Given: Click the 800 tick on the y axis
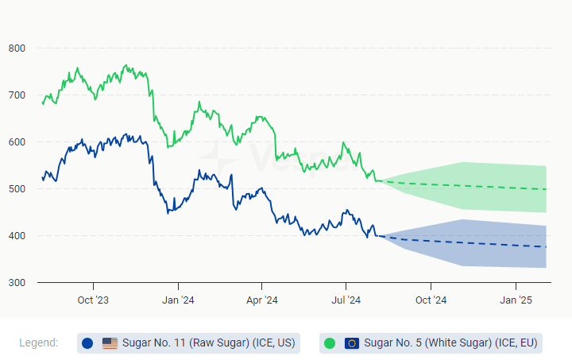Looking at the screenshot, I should (x=17, y=48).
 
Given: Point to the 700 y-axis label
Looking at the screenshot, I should (x=17, y=95).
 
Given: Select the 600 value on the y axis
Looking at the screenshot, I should (x=17, y=142).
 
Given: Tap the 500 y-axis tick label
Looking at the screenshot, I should (x=17, y=189).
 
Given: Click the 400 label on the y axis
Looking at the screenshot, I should (x=17, y=236).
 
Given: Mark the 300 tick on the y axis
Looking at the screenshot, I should (x=17, y=283).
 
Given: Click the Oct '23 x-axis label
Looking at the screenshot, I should (x=93, y=300).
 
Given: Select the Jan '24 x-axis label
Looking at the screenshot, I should (x=178, y=300).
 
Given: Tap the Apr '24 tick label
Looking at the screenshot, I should (x=261, y=300).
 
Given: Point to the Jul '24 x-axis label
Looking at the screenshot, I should (x=346, y=300).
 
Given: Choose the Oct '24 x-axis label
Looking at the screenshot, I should (x=431, y=300).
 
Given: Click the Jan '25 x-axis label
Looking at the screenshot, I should (x=516, y=300).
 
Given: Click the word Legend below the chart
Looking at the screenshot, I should (x=39, y=343).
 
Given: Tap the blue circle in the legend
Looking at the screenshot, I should (x=87, y=343).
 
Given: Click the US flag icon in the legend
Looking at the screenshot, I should (x=110, y=343).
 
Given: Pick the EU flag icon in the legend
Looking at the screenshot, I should (x=352, y=343).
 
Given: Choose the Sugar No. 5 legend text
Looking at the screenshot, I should (x=450, y=343).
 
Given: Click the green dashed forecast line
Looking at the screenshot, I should (x=477, y=186).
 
